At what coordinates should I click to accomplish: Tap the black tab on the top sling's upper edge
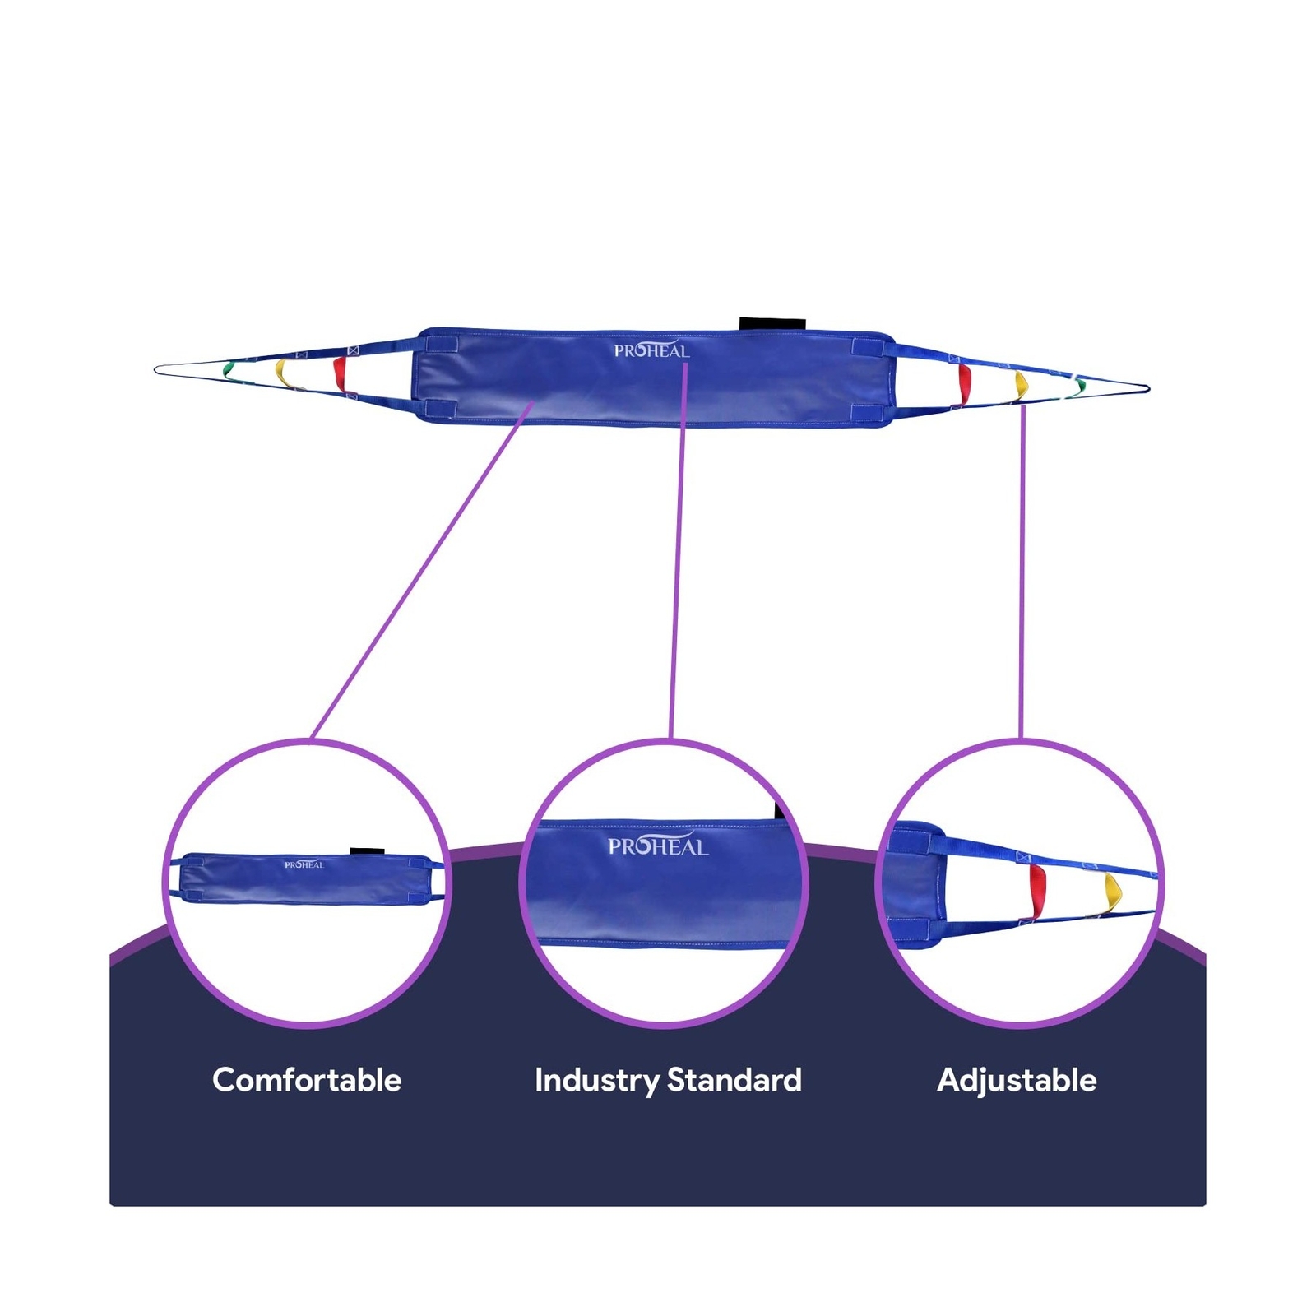(x=772, y=324)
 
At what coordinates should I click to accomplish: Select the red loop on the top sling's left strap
(x=340, y=374)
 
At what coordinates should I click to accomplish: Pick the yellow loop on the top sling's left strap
(x=282, y=373)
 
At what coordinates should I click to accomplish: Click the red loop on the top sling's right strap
(x=964, y=384)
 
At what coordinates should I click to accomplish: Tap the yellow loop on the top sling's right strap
(x=1021, y=385)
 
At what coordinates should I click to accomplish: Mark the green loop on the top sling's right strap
(x=1080, y=385)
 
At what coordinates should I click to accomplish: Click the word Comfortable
(x=307, y=1080)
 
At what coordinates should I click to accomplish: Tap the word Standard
(x=734, y=1080)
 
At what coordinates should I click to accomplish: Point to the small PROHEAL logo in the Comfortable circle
(x=304, y=864)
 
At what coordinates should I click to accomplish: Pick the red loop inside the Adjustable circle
(x=1037, y=890)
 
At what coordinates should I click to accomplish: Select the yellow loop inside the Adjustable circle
(x=1113, y=893)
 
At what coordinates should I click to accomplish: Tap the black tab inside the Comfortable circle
(x=367, y=851)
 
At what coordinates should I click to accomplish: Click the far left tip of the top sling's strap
(x=155, y=370)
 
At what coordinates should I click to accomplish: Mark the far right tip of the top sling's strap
(x=1148, y=388)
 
